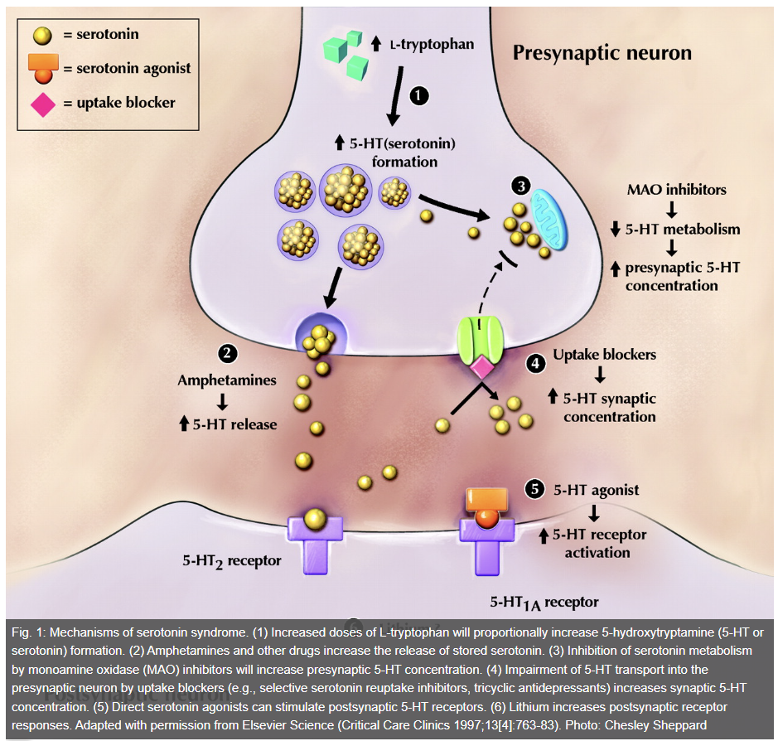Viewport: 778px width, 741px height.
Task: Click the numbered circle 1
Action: pos(419,95)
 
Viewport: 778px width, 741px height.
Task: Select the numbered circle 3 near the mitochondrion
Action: pos(519,186)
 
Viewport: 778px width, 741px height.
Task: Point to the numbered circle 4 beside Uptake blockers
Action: pos(535,363)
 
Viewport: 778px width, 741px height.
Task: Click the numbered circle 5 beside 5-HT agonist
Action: pos(535,489)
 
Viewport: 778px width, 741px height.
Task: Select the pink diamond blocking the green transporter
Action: pos(481,366)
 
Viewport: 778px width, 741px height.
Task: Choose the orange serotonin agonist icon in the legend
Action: pos(42,69)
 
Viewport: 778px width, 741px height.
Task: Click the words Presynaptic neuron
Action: pos(602,54)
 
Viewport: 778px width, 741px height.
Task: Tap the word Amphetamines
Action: pos(226,380)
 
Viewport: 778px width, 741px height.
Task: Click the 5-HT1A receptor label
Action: pos(544,603)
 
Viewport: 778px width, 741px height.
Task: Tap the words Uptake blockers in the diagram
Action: pos(605,355)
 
